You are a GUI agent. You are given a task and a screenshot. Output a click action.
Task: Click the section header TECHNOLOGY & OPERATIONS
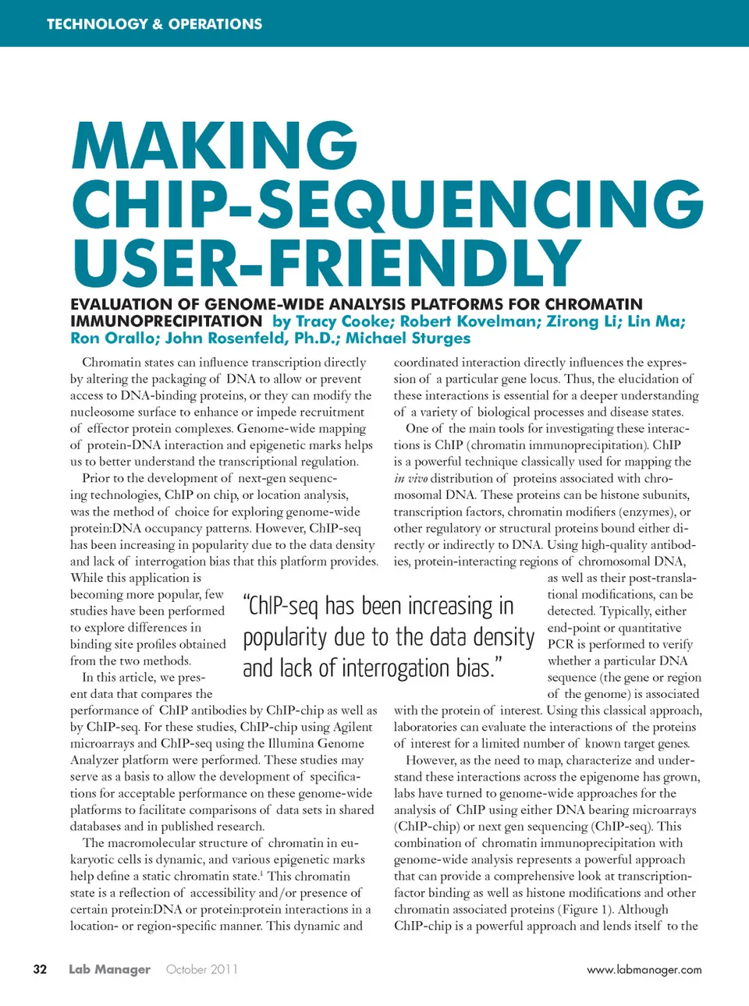154,24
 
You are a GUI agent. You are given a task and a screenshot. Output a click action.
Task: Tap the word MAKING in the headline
215,146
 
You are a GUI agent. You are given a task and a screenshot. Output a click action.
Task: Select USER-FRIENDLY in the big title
326,262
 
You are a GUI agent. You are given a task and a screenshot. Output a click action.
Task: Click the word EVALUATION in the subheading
119,304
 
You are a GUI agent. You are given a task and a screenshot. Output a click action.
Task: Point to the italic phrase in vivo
410,479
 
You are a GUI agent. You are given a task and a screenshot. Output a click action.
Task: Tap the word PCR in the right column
560,644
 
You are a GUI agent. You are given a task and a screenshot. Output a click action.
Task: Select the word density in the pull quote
495,637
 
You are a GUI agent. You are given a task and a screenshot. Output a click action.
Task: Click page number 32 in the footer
40,969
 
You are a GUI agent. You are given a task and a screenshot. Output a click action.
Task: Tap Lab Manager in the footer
109,969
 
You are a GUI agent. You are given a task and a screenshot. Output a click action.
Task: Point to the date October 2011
201,969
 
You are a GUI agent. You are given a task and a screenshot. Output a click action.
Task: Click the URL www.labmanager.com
644,970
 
